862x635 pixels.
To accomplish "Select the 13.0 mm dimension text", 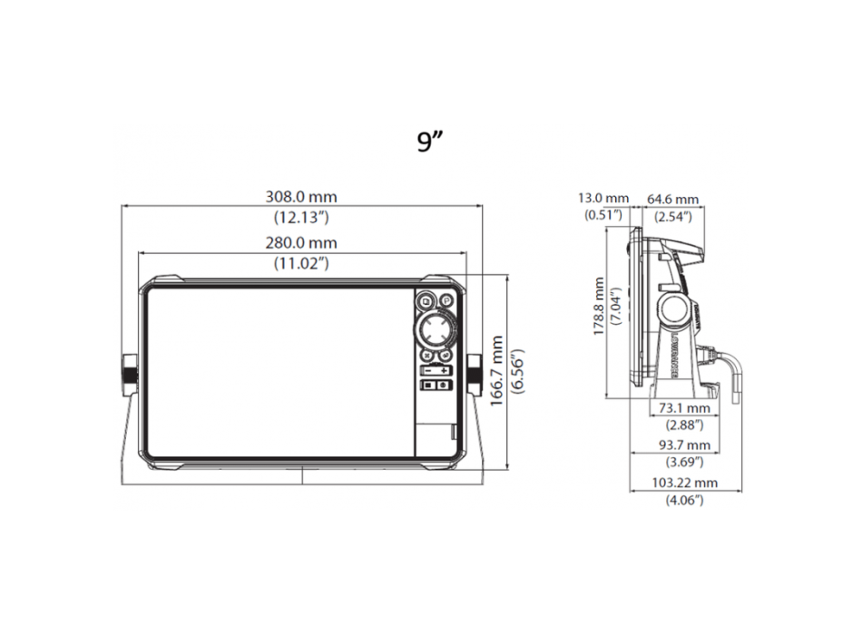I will (603, 199).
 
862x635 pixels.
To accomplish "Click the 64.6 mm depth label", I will (672, 199).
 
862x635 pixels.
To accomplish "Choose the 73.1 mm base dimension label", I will (680, 410).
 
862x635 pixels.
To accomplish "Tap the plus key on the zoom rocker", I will (443, 371).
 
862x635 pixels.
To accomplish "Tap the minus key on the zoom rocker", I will (426, 371).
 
